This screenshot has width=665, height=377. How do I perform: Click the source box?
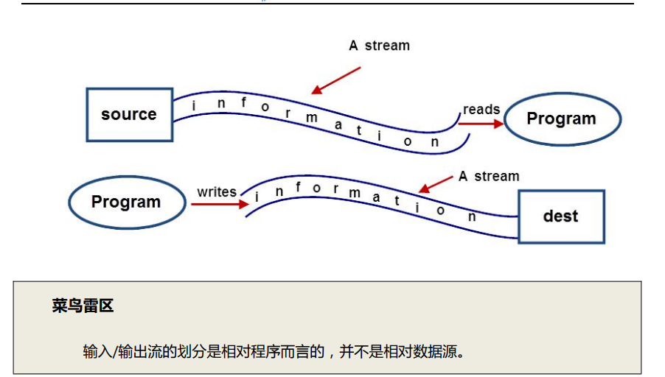click(x=129, y=115)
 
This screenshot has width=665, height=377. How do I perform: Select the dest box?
click(x=561, y=216)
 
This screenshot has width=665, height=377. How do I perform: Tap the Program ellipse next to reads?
click(x=561, y=119)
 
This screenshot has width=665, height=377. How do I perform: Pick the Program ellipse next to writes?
click(x=126, y=202)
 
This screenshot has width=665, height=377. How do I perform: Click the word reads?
click(x=481, y=110)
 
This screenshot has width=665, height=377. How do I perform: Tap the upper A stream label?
click(x=379, y=46)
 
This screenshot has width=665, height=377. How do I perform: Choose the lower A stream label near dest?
click(x=489, y=177)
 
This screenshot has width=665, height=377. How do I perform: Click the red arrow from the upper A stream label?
click(x=335, y=80)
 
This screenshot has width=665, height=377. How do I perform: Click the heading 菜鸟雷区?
click(x=83, y=306)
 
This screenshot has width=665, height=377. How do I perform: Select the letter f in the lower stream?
click(x=298, y=188)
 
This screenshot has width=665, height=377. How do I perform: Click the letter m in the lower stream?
click(x=355, y=194)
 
